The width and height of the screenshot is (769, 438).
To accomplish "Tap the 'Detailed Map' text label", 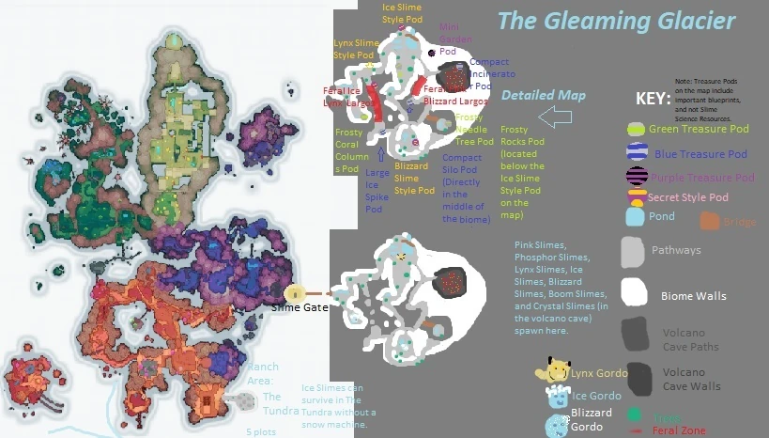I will pyautogui.click(x=544, y=95).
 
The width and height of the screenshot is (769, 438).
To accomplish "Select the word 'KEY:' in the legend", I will pyautogui.click(x=654, y=98).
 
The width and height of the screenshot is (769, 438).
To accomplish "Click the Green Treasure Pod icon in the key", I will pyautogui.click(x=637, y=129).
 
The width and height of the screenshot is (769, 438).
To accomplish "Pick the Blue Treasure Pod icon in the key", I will pyautogui.click(x=638, y=152).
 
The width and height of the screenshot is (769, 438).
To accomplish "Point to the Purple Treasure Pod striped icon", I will pyautogui.click(x=638, y=176).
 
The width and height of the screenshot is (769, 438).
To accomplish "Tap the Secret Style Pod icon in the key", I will pyautogui.click(x=637, y=196).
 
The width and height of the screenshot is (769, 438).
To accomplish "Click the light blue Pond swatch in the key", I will pyautogui.click(x=636, y=216).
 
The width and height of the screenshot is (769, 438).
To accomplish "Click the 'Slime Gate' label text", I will pyautogui.click(x=300, y=306).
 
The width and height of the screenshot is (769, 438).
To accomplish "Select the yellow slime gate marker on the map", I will pyautogui.click(x=296, y=293).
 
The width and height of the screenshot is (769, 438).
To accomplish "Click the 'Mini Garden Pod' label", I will pyautogui.click(x=450, y=39).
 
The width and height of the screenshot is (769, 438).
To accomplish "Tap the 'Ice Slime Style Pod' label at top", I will pyautogui.click(x=403, y=13).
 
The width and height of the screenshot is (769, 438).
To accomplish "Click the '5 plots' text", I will pyautogui.click(x=261, y=431).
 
